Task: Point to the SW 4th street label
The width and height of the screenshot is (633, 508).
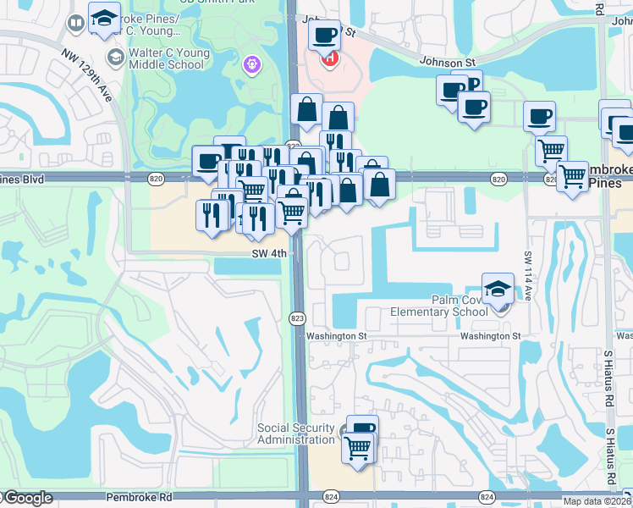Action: pos(270,253)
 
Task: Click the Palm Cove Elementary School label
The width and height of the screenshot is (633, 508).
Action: pos(439,305)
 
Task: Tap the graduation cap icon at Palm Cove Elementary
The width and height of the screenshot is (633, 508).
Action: pos(498,287)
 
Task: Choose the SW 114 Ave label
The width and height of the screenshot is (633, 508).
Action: pos(528,274)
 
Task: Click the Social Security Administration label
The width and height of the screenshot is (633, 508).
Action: pos(296,434)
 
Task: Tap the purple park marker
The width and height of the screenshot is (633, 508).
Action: pos(251,63)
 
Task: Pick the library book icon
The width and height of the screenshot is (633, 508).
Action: pos(76,23)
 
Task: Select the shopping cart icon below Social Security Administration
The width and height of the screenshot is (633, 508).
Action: pos(358,446)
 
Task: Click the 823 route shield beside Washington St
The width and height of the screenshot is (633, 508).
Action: pos(302,317)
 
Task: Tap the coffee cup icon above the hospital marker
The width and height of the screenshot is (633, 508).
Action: pos(324,36)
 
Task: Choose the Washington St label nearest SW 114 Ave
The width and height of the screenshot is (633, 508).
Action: pos(490,336)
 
